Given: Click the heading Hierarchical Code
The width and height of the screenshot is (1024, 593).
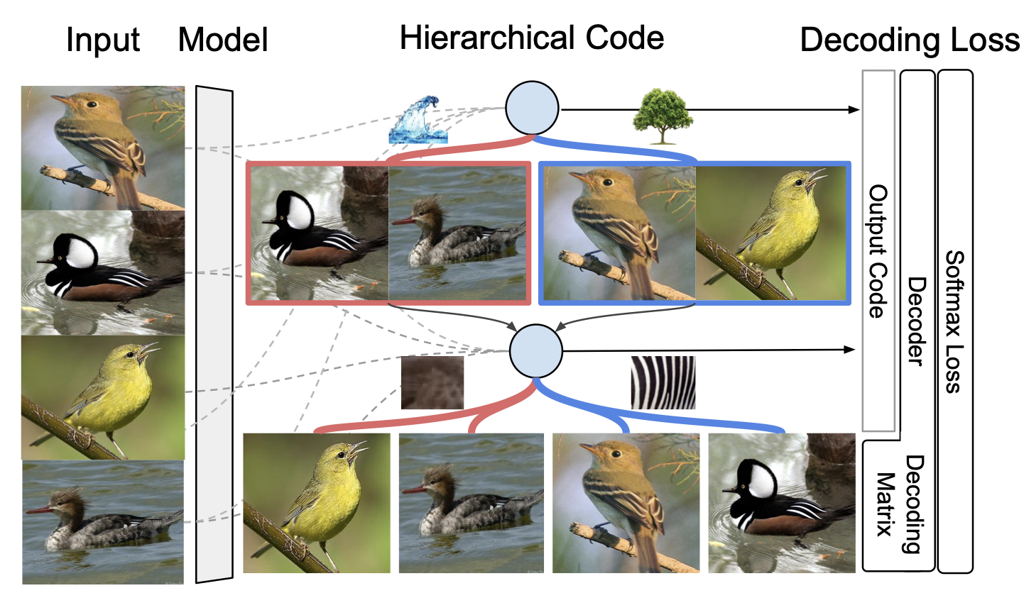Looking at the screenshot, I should click(532, 37).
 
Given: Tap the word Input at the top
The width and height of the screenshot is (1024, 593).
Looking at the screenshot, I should click(103, 40).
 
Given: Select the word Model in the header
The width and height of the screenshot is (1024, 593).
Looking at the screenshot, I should click(223, 40).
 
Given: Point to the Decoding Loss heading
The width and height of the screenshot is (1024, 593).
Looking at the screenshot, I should click(910, 41).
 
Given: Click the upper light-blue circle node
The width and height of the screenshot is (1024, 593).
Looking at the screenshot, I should click(532, 109).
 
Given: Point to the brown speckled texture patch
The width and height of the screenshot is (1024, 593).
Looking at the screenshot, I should click(432, 382).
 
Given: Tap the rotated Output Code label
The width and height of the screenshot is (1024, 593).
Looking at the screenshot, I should click(878, 252).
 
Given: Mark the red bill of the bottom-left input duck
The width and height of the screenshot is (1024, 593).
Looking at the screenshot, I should click(38, 509).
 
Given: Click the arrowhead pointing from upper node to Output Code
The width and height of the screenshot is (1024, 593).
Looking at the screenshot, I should click(855, 109).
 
